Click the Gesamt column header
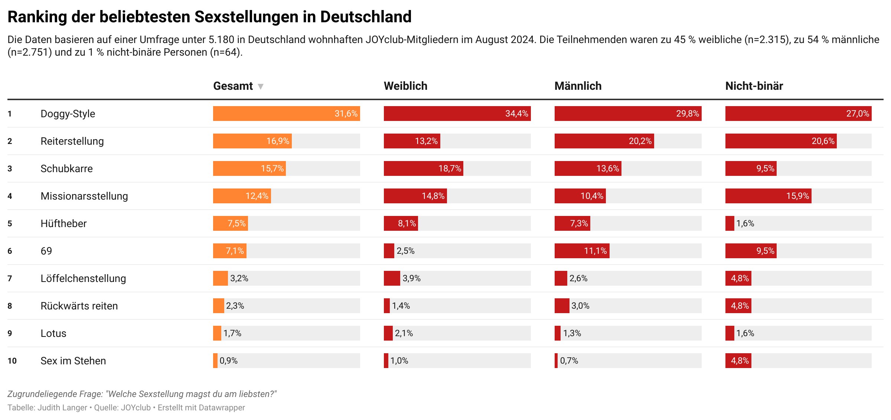coord(233,86)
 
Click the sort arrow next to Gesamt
coord(261,87)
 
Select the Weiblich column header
coord(405,86)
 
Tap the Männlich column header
coord(578,86)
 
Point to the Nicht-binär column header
coord(754,86)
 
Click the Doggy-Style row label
coord(68,114)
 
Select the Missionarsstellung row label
coord(84,196)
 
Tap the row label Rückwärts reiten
coord(79,306)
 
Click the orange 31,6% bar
coord(286,114)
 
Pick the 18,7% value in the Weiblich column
coord(450,168)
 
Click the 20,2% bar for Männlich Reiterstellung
coord(604,141)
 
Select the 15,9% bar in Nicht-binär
coord(768,196)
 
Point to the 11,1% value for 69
coord(595,251)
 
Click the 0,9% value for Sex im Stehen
coord(229,361)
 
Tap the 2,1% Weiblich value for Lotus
coord(404,333)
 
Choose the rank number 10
coord(12,361)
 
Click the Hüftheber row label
coord(63,223)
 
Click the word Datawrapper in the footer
coord(222,407)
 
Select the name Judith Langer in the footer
coord(62,407)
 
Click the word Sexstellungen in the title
coord(247,17)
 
